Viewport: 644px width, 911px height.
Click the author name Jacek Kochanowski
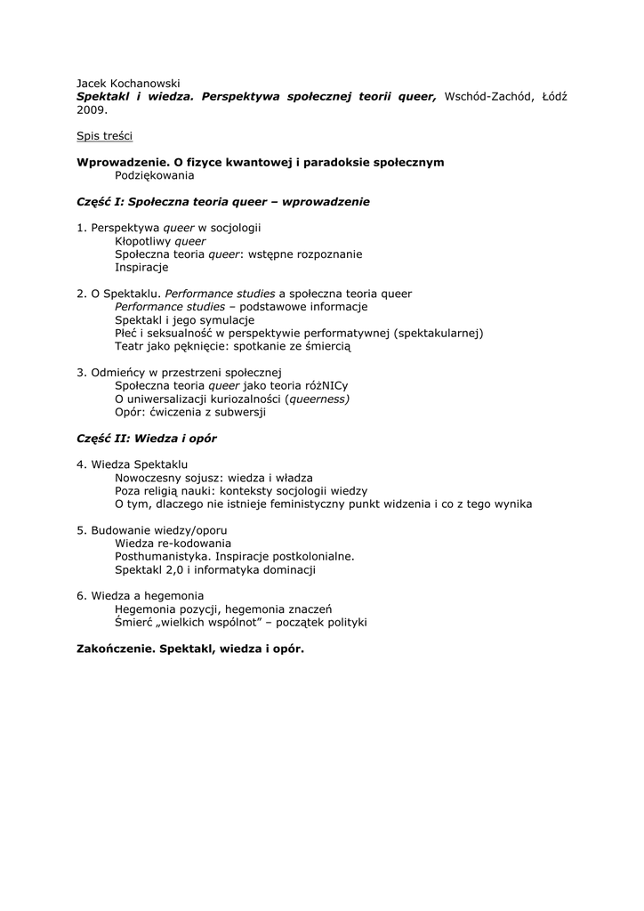(x=128, y=83)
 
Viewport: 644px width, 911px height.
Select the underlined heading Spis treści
(x=105, y=136)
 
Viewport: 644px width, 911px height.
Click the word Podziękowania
(x=155, y=175)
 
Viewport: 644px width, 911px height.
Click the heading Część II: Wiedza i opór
(x=147, y=439)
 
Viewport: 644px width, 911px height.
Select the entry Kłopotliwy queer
(x=160, y=241)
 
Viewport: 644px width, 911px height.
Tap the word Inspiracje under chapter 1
(x=141, y=267)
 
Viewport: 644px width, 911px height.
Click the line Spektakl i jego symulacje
(x=185, y=319)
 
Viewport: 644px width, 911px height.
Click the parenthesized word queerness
(x=318, y=399)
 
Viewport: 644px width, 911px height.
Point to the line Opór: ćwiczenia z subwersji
(x=190, y=412)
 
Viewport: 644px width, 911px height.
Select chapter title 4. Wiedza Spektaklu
(x=132, y=464)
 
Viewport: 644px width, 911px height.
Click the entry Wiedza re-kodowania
(x=173, y=543)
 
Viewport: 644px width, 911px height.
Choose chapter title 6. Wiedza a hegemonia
(x=140, y=595)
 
